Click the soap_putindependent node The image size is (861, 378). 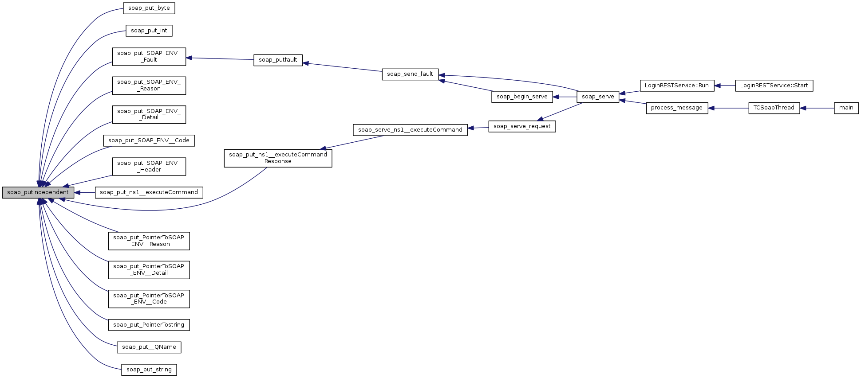pyautogui.click(x=38, y=192)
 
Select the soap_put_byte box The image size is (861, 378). pyautogui.click(x=149, y=8)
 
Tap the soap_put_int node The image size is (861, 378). pyautogui.click(x=149, y=31)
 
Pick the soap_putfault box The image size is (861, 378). pyautogui.click(x=278, y=60)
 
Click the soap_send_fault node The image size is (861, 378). pyautogui.click(x=410, y=74)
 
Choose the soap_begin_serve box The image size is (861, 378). pyautogui.click(x=521, y=97)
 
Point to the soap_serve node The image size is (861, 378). pyautogui.click(x=598, y=97)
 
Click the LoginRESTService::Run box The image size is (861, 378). pyautogui.click(x=676, y=86)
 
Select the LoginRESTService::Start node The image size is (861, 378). pyautogui.click(x=774, y=86)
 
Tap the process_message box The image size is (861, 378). pyautogui.click(x=676, y=108)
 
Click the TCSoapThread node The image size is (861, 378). pyautogui.click(x=774, y=108)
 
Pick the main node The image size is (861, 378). pyautogui.click(x=846, y=108)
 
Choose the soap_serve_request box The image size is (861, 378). pyautogui.click(x=521, y=126)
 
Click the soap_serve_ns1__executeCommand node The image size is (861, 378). pyautogui.click(x=410, y=130)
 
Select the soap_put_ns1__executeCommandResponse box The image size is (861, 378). pyautogui.click(x=278, y=158)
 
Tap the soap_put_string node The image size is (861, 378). pyautogui.click(x=149, y=370)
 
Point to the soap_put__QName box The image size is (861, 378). pyautogui.click(x=149, y=347)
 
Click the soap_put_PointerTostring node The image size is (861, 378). pyautogui.click(x=149, y=325)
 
